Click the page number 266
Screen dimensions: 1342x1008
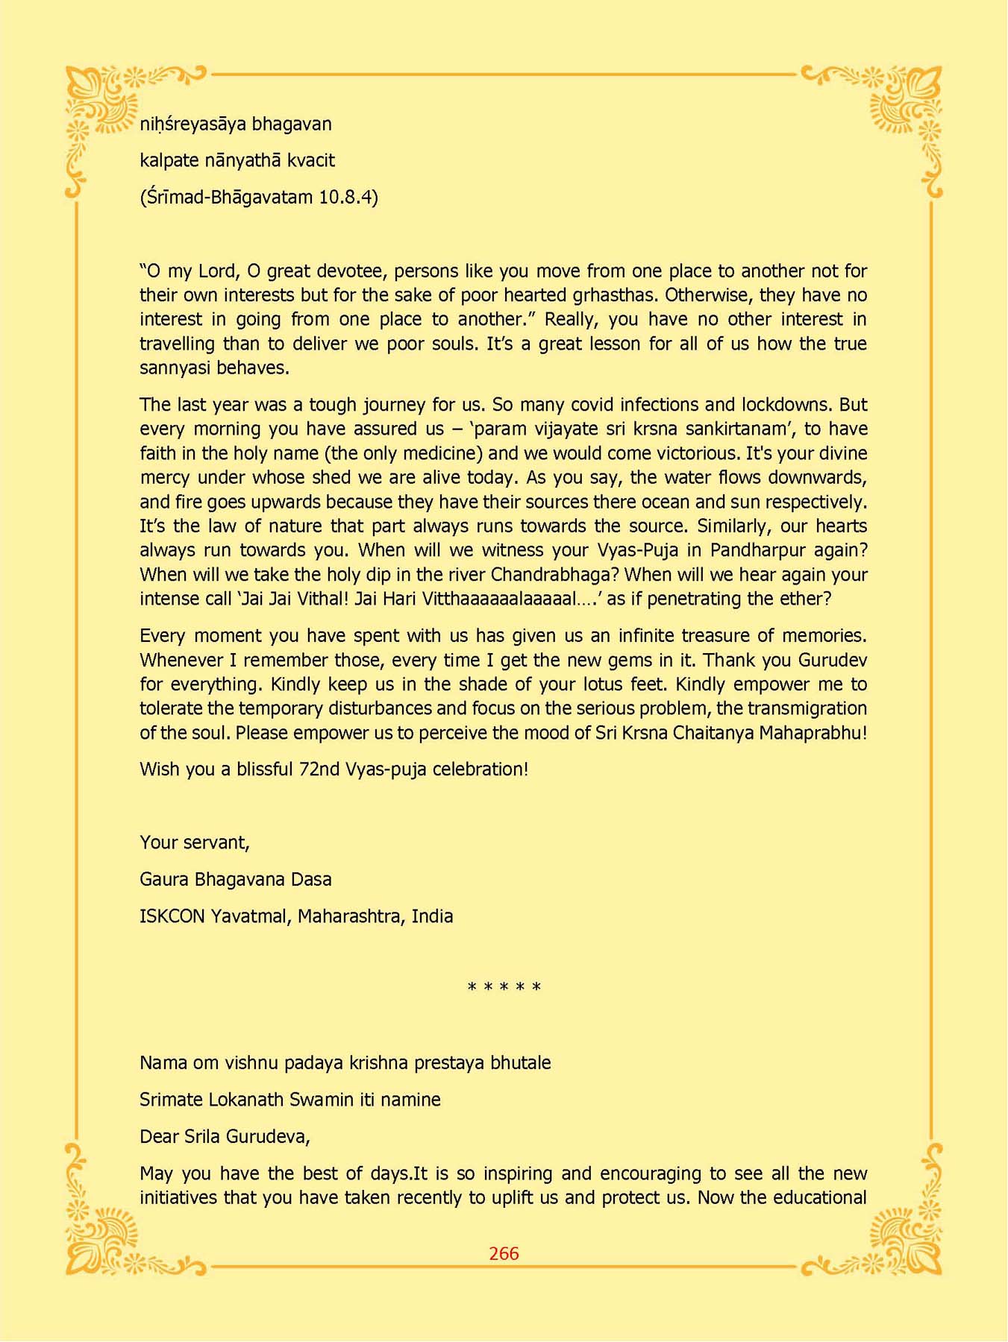pos(504,1253)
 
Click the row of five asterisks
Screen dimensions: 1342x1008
pos(504,988)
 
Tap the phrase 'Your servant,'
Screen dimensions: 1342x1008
pos(195,842)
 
